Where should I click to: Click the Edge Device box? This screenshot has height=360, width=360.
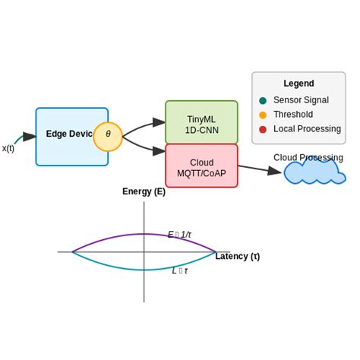coord(65,136)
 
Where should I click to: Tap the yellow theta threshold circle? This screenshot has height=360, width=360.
coord(108,136)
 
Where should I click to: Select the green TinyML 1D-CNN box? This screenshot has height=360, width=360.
coord(201,122)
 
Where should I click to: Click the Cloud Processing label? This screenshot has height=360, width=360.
coord(308,157)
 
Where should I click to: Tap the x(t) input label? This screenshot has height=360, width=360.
coord(8,148)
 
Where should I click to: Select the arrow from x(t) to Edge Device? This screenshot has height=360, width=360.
coord(24,138)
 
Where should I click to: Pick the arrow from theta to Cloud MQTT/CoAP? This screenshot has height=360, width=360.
coord(144,147)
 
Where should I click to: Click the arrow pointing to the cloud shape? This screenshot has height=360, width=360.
coord(260,169)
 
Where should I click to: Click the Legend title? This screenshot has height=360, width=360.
coord(298,84)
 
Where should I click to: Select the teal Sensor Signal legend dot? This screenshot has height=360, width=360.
coord(263,100)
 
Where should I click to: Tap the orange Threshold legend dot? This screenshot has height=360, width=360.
coord(263,115)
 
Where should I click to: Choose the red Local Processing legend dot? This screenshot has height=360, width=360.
coord(263,129)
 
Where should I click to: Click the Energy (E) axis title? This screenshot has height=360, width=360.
coord(144,191)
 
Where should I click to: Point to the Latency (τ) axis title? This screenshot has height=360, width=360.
coord(237,256)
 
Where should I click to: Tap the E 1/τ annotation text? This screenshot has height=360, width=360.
coord(179,235)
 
